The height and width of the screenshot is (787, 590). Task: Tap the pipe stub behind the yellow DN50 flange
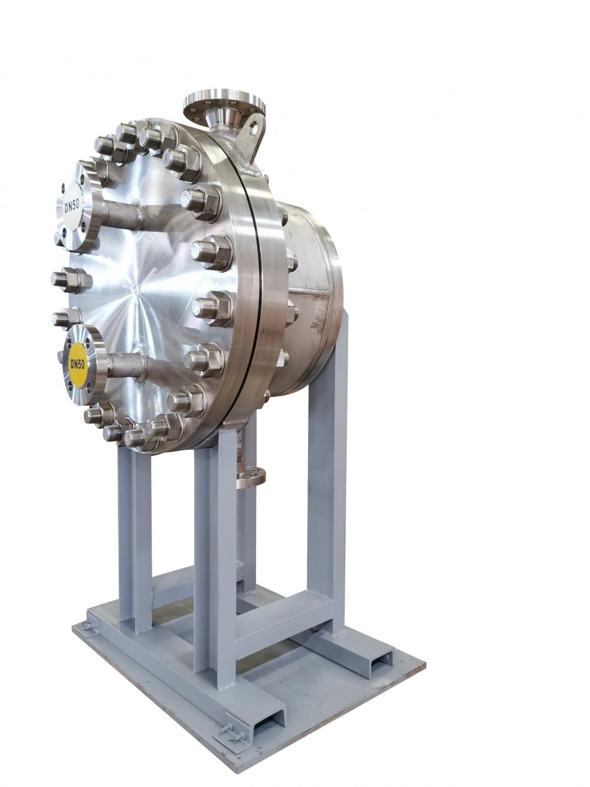click(x=126, y=364)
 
